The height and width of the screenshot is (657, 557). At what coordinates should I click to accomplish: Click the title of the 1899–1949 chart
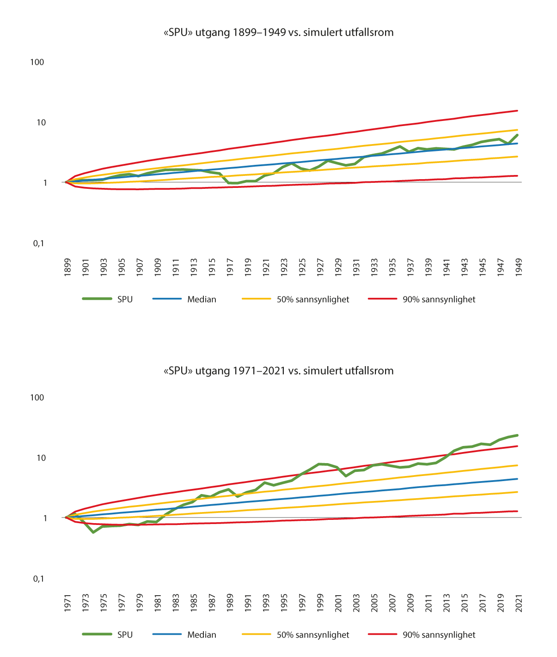click(x=278, y=32)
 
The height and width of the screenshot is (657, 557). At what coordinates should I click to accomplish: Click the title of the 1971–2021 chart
click(x=278, y=370)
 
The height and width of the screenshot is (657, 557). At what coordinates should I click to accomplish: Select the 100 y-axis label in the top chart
click(x=37, y=62)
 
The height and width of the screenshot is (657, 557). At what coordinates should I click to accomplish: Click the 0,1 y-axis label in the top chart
click(x=38, y=243)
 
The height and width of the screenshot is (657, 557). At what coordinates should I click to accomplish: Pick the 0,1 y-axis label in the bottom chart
click(x=38, y=579)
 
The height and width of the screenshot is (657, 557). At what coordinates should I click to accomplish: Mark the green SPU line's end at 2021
click(x=517, y=435)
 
